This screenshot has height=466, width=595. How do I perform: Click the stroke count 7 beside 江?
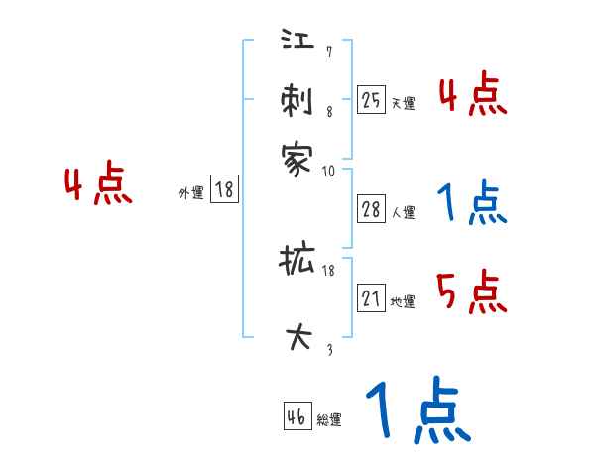(x=328, y=52)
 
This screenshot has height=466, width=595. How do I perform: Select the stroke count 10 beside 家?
(x=329, y=171)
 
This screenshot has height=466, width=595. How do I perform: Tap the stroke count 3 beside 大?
(x=328, y=348)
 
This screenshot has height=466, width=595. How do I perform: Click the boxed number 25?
(x=371, y=99)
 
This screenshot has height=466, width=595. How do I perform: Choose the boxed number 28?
(x=371, y=208)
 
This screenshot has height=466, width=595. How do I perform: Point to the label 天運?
(x=403, y=103)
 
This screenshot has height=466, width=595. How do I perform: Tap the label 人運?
(x=403, y=212)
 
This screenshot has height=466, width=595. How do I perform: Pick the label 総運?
(x=329, y=420)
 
